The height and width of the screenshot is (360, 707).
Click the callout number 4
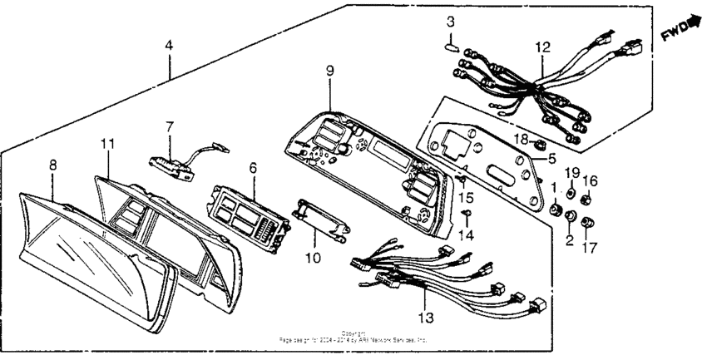coord(169,47)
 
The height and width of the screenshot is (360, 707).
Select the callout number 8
coord(53,165)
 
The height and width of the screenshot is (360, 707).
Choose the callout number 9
coord(329,72)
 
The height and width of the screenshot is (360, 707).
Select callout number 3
coord(450,20)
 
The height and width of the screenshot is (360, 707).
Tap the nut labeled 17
coord(589,222)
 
